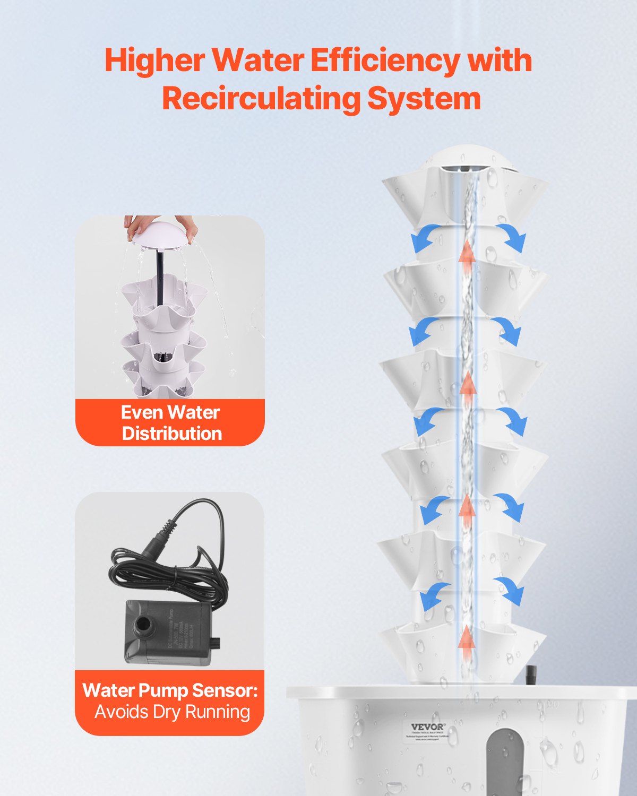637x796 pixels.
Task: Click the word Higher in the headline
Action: [x=154, y=60]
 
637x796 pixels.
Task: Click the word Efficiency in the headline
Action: [x=384, y=60]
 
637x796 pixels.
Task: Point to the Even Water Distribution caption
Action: [x=170, y=423]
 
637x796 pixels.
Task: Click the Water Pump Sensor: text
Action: [x=170, y=690]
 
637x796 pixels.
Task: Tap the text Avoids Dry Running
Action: [x=172, y=712]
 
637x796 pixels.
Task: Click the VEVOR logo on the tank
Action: [x=428, y=727]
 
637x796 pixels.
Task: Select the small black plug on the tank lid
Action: [x=530, y=677]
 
